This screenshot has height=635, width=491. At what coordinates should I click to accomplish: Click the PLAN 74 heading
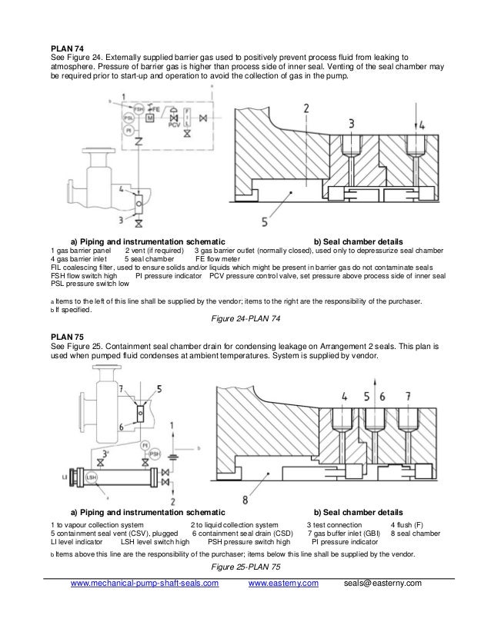click(x=67, y=48)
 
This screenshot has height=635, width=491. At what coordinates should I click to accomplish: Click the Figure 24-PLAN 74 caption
click(x=245, y=320)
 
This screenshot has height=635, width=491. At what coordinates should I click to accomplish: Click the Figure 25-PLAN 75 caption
click(x=245, y=567)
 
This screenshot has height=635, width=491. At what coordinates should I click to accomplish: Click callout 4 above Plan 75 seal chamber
click(x=344, y=397)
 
